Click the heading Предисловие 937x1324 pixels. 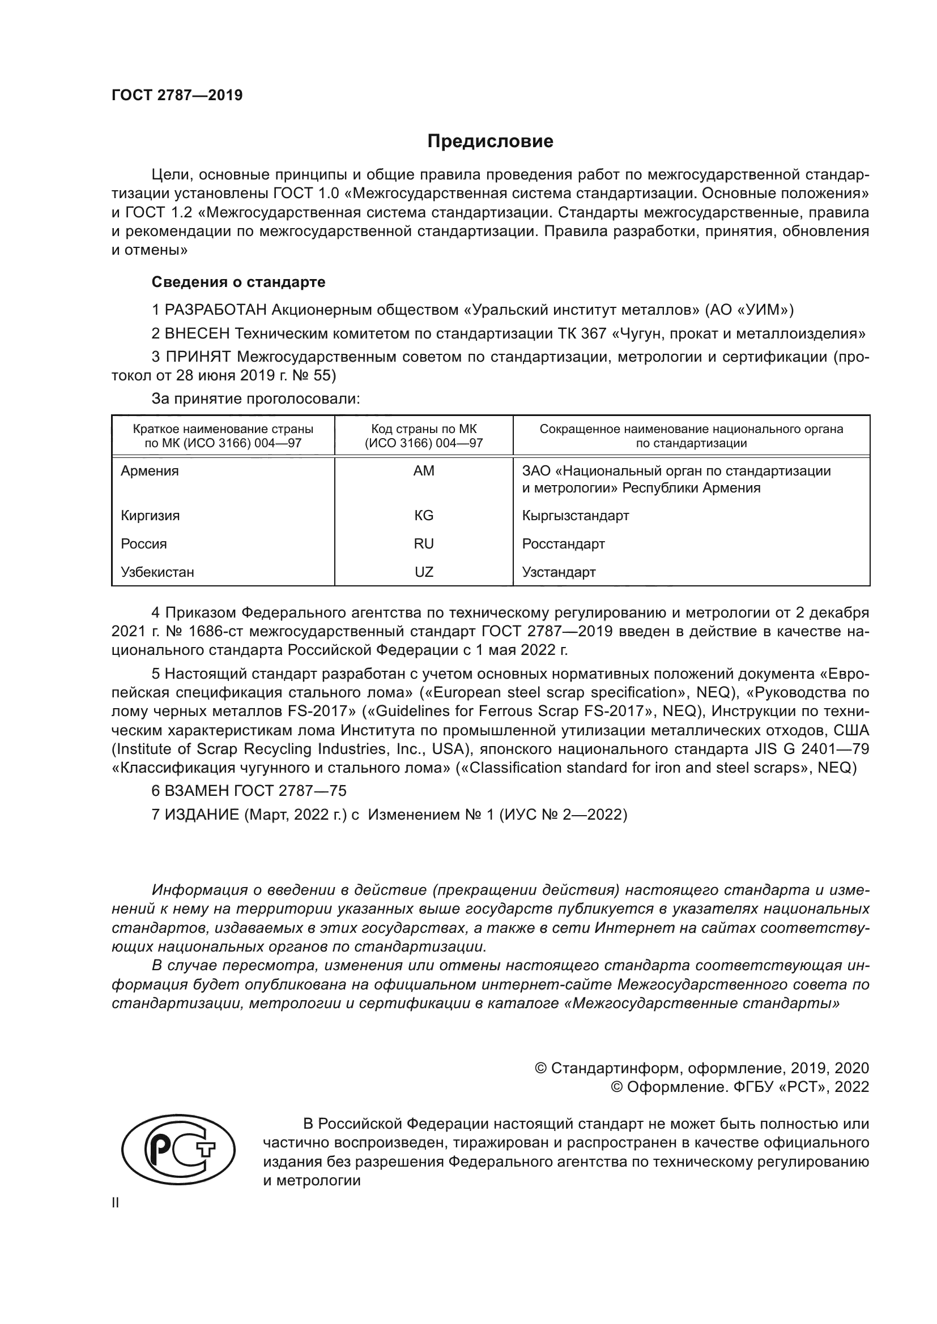pyautogui.click(x=490, y=142)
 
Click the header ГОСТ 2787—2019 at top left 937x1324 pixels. pyautogui.click(x=177, y=95)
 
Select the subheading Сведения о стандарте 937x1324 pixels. pyautogui.click(x=238, y=282)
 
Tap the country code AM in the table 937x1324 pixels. pyautogui.click(x=424, y=471)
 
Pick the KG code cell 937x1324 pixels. pyautogui.click(x=424, y=516)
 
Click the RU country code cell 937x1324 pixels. pyautogui.click(x=424, y=544)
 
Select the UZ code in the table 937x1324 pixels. pyautogui.click(x=424, y=572)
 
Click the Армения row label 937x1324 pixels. pyautogui.click(x=150, y=471)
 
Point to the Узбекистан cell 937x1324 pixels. pyautogui.click(x=157, y=572)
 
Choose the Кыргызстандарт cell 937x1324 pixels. pyautogui.click(x=575, y=516)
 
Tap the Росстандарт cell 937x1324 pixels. pyautogui.click(x=563, y=544)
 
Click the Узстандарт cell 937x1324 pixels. pyautogui.click(x=559, y=572)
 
